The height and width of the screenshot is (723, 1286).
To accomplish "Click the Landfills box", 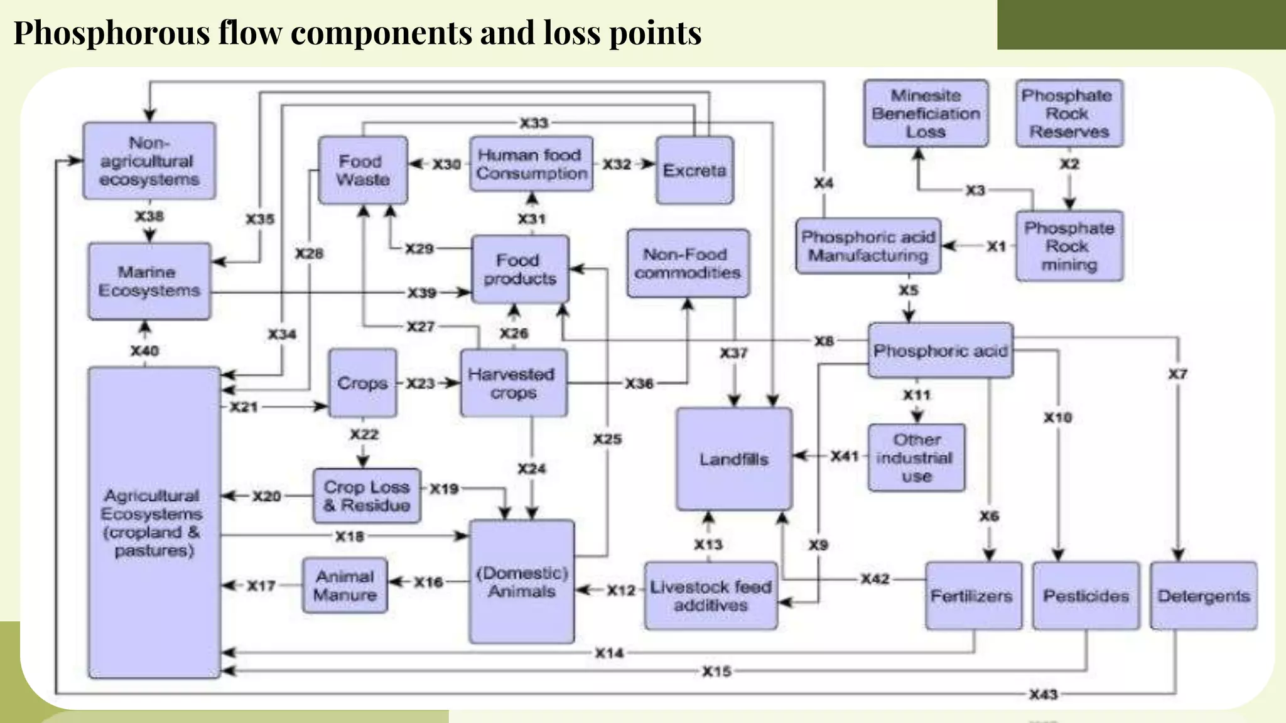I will click(733, 459).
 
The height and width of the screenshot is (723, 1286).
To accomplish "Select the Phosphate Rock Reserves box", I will click(1069, 114).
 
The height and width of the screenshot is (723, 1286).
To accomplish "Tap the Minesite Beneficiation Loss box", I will click(926, 114).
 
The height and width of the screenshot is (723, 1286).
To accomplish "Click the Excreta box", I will click(694, 171).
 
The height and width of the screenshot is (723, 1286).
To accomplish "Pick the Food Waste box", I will click(362, 171).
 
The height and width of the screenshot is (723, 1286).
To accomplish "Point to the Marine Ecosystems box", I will click(149, 281).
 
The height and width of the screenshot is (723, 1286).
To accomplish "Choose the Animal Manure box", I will click(345, 586).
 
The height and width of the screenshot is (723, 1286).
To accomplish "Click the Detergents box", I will click(1203, 596).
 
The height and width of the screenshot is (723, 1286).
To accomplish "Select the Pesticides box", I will click(1086, 596).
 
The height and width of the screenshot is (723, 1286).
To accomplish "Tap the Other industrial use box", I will click(916, 458).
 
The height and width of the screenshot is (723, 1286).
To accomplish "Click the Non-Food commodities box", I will click(688, 264).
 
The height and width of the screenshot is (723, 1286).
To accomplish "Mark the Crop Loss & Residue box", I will click(367, 496).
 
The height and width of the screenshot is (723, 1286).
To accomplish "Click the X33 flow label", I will click(534, 123).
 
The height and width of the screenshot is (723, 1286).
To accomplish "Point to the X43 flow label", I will click(1043, 694).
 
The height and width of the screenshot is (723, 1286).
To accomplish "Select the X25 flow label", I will click(607, 439).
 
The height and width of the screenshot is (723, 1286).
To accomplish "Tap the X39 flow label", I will click(422, 293).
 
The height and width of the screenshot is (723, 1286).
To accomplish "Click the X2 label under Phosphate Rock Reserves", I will click(1069, 164).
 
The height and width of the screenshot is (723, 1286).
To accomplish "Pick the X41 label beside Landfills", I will click(845, 456).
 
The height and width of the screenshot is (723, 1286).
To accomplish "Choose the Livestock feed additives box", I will click(710, 596).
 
